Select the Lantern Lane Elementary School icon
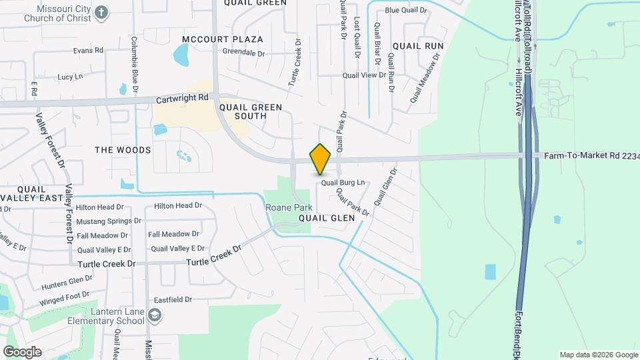[x=155, y=314]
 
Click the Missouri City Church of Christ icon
[x=101, y=12]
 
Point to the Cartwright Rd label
[x=183, y=99]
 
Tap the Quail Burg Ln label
[x=343, y=182]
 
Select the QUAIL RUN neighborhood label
[x=418, y=46]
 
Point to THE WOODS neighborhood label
[x=123, y=151]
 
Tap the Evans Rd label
[x=88, y=51]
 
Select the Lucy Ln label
[x=70, y=77]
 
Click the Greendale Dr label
[x=244, y=52]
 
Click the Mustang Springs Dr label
[x=109, y=221]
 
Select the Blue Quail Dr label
[x=406, y=10]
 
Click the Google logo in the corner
[x=22, y=351]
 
